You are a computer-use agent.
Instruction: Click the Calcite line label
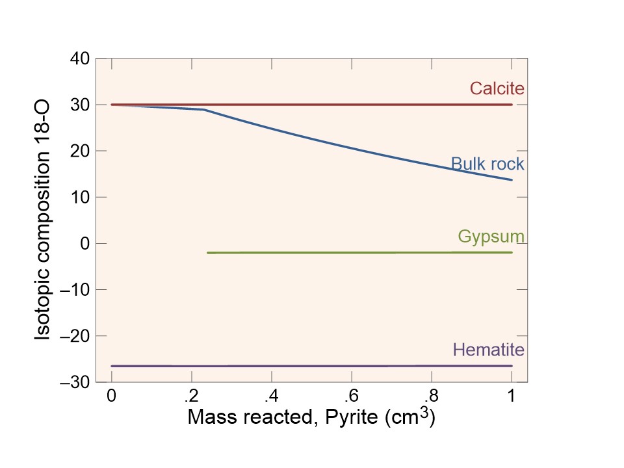(x=497, y=88)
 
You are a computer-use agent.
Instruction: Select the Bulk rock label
(x=487, y=164)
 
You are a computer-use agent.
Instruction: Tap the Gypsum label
(x=491, y=236)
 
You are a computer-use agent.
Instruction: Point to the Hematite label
(x=488, y=350)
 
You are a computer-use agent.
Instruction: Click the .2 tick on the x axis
(x=191, y=396)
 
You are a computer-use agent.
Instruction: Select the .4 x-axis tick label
(x=271, y=396)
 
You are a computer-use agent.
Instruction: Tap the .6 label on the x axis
(x=352, y=396)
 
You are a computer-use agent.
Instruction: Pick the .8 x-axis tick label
(x=432, y=396)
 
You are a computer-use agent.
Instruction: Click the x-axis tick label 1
(x=512, y=396)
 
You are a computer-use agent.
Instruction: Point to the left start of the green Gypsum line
(x=208, y=252)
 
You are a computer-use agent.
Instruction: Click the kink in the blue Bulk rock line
(x=205, y=110)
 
